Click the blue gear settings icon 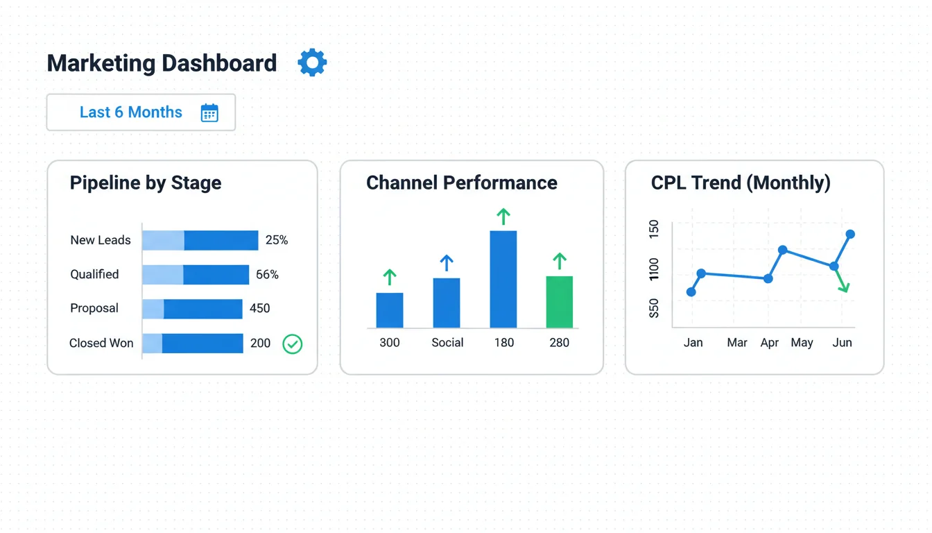312,62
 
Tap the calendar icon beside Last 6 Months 209,113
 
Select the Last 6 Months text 130,112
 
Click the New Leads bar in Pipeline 200,240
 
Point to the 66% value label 267,274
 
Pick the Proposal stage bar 192,308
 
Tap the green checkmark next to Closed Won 293,344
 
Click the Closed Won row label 101,343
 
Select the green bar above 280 560,302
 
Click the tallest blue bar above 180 503,279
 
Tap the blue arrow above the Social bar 447,263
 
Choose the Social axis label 447,342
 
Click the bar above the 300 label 390,310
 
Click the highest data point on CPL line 851,234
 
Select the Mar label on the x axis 737,342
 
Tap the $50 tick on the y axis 654,308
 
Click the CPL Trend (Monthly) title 741,183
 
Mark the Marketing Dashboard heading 162,63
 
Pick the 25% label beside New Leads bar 277,240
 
